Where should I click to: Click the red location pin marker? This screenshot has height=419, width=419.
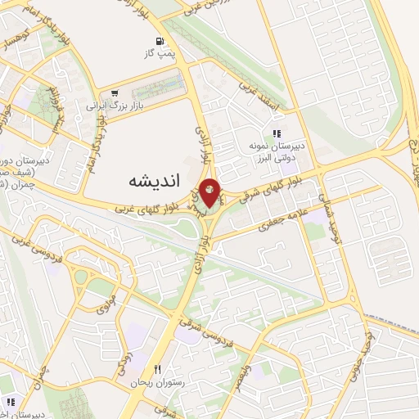tap(210, 191)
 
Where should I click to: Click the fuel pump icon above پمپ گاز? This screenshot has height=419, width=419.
tap(156, 41)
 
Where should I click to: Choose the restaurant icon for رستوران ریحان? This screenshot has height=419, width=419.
tap(158, 370)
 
